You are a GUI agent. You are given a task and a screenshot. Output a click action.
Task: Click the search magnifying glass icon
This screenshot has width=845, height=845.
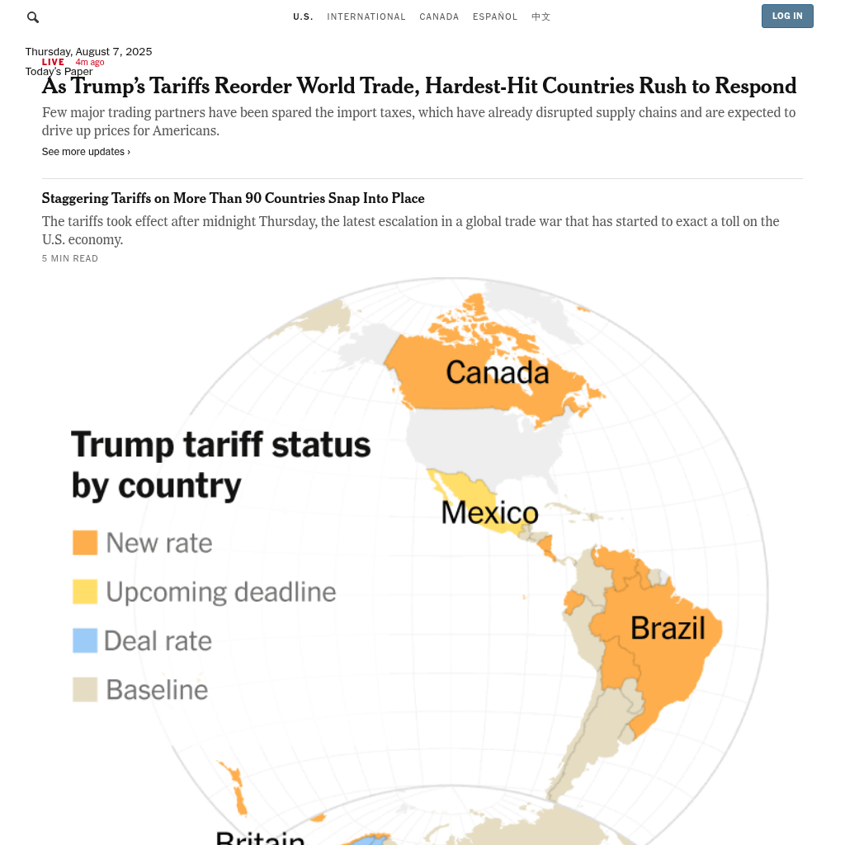(x=33, y=17)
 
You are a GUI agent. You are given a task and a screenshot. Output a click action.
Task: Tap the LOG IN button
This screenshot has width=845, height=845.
(x=787, y=17)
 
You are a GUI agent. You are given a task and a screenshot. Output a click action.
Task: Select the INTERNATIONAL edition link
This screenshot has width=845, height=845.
(x=366, y=17)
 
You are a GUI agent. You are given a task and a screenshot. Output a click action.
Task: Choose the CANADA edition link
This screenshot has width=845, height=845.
(x=439, y=17)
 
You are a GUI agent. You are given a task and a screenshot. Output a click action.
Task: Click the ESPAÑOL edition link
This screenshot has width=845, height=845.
(x=495, y=17)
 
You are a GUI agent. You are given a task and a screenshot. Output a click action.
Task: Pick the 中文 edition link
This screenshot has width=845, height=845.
(x=541, y=17)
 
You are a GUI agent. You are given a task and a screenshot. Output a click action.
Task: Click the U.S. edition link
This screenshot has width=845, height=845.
(x=303, y=17)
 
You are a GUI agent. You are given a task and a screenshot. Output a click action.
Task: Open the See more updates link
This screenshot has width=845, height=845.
(x=86, y=152)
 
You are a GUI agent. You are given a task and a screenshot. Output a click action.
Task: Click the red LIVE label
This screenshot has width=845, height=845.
(x=53, y=62)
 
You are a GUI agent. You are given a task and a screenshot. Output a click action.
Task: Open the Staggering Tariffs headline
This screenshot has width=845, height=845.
(x=233, y=199)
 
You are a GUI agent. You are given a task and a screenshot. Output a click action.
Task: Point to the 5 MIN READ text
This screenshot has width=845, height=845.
(x=70, y=259)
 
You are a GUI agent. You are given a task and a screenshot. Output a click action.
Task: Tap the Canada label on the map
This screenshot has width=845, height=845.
(x=497, y=373)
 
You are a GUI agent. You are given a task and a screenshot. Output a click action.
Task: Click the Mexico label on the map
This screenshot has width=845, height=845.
(x=489, y=513)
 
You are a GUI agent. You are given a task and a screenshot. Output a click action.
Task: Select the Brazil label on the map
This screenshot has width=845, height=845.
(x=668, y=629)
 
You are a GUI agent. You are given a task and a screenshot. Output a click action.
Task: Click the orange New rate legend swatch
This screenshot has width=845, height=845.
(x=85, y=542)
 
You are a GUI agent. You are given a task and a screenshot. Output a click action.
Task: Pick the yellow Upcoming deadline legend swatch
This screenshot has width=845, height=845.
(x=85, y=592)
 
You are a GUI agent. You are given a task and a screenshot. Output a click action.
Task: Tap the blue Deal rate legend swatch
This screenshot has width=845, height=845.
(x=85, y=640)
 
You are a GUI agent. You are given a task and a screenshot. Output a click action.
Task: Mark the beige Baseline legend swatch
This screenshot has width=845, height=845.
(x=85, y=689)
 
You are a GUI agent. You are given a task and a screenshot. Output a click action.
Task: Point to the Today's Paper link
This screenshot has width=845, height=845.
(x=59, y=73)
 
